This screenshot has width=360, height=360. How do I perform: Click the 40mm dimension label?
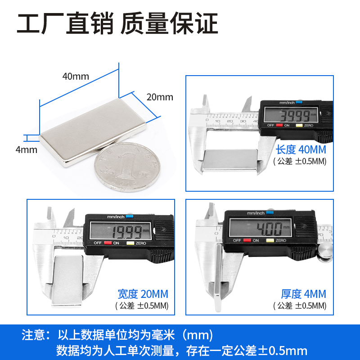[75, 76]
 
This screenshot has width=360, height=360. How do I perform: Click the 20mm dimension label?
[159, 97]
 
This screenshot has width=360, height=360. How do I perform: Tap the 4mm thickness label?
[26, 149]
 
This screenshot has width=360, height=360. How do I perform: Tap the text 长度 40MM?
[301, 149]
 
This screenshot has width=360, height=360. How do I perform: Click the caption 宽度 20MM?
[143, 294]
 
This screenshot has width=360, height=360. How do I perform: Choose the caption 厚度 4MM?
[303, 294]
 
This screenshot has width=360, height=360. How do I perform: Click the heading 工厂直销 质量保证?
[117, 23]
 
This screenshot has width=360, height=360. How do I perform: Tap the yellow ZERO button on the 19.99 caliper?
[130, 243]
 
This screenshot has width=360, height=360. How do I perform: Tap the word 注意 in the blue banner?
[34, 335]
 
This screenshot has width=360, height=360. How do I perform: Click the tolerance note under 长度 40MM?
[300, 161]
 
